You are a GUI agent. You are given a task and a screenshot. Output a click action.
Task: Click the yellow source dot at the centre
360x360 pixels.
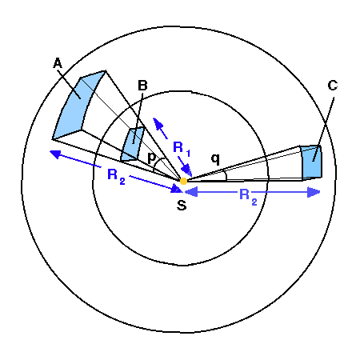tap(183, 181)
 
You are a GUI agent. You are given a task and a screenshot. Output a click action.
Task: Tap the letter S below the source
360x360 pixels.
tap(182, 206)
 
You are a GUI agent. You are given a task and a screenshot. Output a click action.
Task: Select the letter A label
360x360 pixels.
tap(58, 63)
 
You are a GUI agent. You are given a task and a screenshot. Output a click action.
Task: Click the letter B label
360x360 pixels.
tap(142, 86)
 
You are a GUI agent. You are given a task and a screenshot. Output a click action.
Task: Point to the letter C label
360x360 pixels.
tap(333, 86)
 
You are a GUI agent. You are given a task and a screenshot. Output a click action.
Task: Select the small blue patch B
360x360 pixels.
tap(133, 144)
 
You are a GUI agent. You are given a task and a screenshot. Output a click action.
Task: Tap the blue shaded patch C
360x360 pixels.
tap(311, 162)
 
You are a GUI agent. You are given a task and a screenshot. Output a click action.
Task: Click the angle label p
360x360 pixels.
tap(151, 158)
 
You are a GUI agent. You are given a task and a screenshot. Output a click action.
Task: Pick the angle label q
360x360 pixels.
tap(215, 159)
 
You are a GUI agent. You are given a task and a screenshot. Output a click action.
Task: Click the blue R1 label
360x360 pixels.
tap(182, 148)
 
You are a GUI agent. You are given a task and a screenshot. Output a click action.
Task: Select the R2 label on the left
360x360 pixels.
tap(116, 176)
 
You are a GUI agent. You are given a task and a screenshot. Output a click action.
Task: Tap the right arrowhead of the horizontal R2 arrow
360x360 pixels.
tap(314, 192)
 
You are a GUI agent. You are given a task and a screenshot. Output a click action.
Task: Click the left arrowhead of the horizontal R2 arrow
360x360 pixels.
tap(191, 192)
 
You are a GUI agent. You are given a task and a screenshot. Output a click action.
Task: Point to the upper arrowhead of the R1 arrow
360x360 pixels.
tap(158, 123)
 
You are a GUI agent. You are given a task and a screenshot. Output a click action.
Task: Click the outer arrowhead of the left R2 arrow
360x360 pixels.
tap(55, 154)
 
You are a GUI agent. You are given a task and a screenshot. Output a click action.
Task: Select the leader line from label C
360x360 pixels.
tap(323, 130)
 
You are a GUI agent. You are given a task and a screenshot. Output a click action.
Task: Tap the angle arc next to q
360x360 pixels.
tap(226, 174)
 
